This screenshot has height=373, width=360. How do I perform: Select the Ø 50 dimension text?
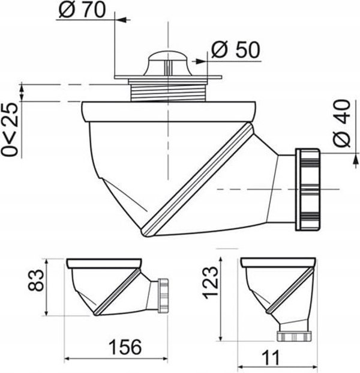pyautogui.click(x=236, y=50)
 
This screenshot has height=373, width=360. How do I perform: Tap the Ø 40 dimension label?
pyautogui.click(x=342, y=124)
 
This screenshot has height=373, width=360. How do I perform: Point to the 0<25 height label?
pyautogui.click(x=9, y=130)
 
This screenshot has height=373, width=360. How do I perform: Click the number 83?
pyautogui.click(x=36, y=281)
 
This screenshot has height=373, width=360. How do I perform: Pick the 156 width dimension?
pyautogui.click(x=125, y=347)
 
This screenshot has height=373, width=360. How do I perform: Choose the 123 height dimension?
pyautogui.click(x=210, y=282)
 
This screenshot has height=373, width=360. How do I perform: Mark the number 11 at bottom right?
pyautogui.click(x=271, y=358)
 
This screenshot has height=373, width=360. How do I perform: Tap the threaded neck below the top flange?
pyautogui.click(x=169, y=92)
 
